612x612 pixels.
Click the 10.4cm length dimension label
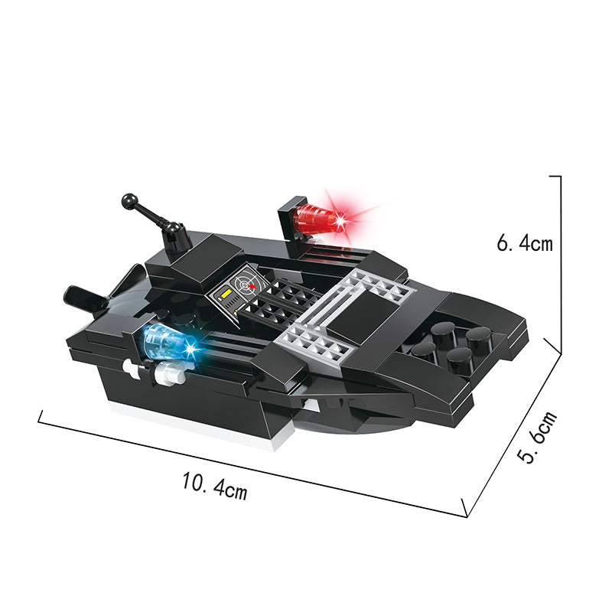(215, 486)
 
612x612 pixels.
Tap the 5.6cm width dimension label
(538, 437)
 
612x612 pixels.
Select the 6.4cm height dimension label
(525, 243)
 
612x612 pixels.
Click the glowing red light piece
(318, 219)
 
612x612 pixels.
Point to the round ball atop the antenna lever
(129, 200)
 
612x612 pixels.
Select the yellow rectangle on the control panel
(226, 295)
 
